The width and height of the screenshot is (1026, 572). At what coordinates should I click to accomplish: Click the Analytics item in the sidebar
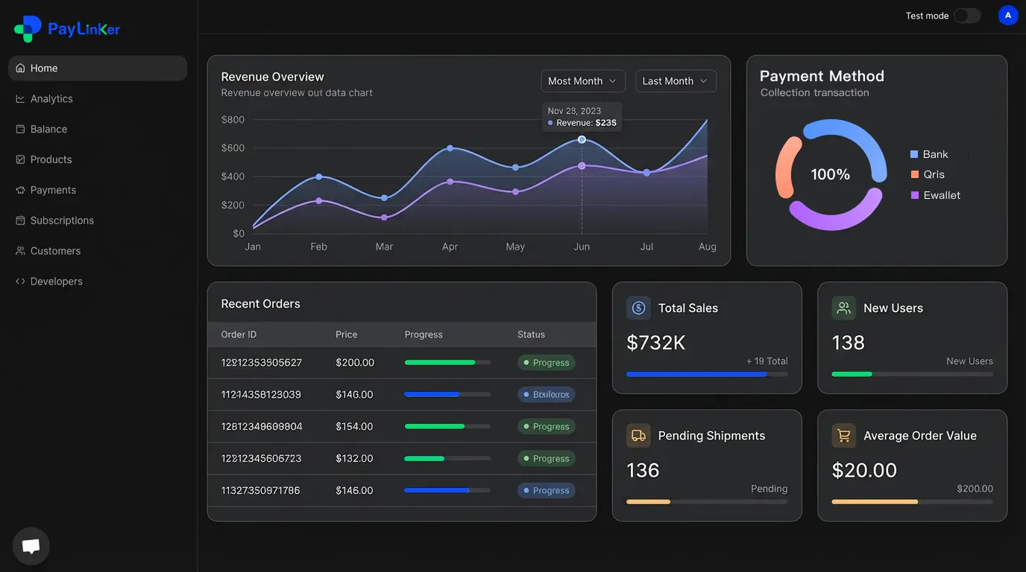[x=51, y=98]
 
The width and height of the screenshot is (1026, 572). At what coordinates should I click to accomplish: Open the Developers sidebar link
[x=56, y=282]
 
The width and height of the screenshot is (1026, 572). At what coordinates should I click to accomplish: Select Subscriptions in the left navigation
[x=61, y=220]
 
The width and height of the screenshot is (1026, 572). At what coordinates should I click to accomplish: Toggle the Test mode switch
[x=967, y=16]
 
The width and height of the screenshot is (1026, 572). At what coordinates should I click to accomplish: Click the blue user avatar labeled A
[x=1007, y=16]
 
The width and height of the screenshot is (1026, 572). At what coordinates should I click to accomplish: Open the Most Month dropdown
[x=582, y=81]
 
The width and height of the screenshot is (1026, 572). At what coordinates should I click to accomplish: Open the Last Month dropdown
[x=676, y=81]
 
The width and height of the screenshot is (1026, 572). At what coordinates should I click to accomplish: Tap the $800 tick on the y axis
[x=233, y=119]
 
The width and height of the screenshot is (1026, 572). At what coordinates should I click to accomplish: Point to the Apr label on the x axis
[x=450, y=247]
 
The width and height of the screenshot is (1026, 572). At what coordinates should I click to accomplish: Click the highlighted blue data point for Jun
[x=582, y=139]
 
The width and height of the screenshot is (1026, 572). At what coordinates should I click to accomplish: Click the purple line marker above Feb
[x=319, y=201]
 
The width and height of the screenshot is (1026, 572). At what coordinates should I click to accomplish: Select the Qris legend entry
[x=933, y=174]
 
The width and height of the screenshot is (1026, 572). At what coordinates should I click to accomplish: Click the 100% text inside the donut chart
[x=830, y=174]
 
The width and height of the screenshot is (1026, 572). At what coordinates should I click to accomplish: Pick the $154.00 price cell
[x=354, y=427]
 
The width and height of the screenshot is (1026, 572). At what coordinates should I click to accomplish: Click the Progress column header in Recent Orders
[x=424, y=334]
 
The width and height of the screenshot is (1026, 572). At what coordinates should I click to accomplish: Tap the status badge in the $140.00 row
[x=547, y=395]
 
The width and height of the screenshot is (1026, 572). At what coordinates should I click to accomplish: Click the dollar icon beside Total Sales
[x=638, y=308]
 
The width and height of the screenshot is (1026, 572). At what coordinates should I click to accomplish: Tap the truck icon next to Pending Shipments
[x=638, y=436]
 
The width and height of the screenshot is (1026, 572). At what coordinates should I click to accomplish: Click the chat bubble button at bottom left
[x=31, y=546]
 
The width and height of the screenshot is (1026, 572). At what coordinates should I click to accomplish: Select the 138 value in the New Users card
[x=848, y=343]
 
